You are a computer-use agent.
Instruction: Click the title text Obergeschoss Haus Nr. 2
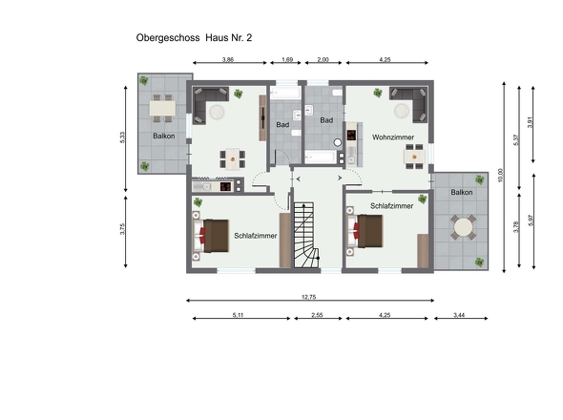coord(194,38)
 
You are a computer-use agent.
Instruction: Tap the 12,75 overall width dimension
coord(309,297)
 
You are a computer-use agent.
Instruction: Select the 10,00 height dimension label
coord(501,176)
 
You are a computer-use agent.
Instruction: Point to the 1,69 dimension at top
coord(287,59)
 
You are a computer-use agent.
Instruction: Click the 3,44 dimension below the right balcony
coord(459,315)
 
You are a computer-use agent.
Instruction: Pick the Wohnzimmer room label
coord(393,137)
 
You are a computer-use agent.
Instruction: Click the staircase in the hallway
coord(306,235)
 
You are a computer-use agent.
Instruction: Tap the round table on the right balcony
coord(463,227)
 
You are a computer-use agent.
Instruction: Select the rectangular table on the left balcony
coord(162,108)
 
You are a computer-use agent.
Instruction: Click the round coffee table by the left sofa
coord(217,112)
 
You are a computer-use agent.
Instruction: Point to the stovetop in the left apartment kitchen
coord(226,186)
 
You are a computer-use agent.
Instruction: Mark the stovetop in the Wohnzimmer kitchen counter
coord(351,136)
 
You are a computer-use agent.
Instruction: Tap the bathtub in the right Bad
coord(321,157)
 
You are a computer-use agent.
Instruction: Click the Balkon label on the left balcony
coord(164,136)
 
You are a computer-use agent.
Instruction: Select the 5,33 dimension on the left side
coord(122,138)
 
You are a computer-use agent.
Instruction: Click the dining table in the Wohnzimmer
coord(414,157)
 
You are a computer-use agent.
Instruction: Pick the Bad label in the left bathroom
coord(282,125)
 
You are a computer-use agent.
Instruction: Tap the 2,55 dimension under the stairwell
coord(317,315)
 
